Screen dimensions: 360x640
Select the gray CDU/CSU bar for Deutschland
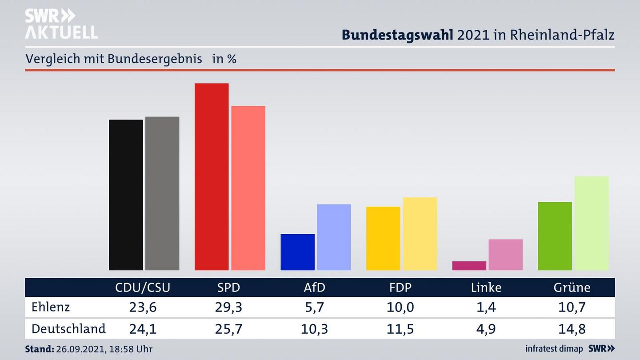click(x=162, y=193)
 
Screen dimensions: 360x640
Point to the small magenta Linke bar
click(x=469, y=265)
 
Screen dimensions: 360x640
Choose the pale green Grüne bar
click(x=591, y=223)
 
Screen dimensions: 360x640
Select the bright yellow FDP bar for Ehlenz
click(x=383, y=238)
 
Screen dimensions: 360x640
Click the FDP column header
click(x=400, y=288)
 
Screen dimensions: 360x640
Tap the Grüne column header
click(x=572, y=288)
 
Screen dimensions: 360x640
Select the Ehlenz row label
click(x=51, y=307)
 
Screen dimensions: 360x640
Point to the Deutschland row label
click(x=68, y=329)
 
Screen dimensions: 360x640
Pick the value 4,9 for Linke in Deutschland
click(x=486, y=329)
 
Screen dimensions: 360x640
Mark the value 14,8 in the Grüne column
click(x=572, y=329)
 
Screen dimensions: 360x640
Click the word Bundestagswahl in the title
click(x=397, y=35)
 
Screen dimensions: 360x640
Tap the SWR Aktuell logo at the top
click(x=61, y=24)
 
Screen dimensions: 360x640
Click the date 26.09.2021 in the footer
click(x=80, y=349)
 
